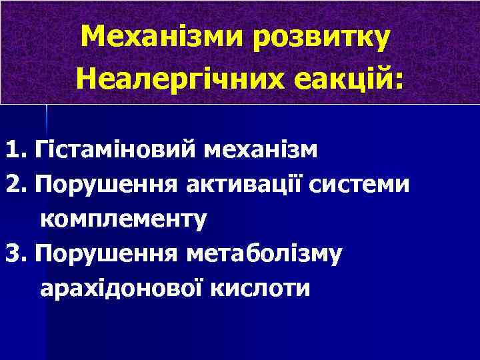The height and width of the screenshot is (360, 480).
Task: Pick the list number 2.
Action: (x=12, y=183)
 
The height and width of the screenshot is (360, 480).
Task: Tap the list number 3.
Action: (x=12, y=253)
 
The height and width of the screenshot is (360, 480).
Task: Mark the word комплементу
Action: (x=124, y=219)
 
